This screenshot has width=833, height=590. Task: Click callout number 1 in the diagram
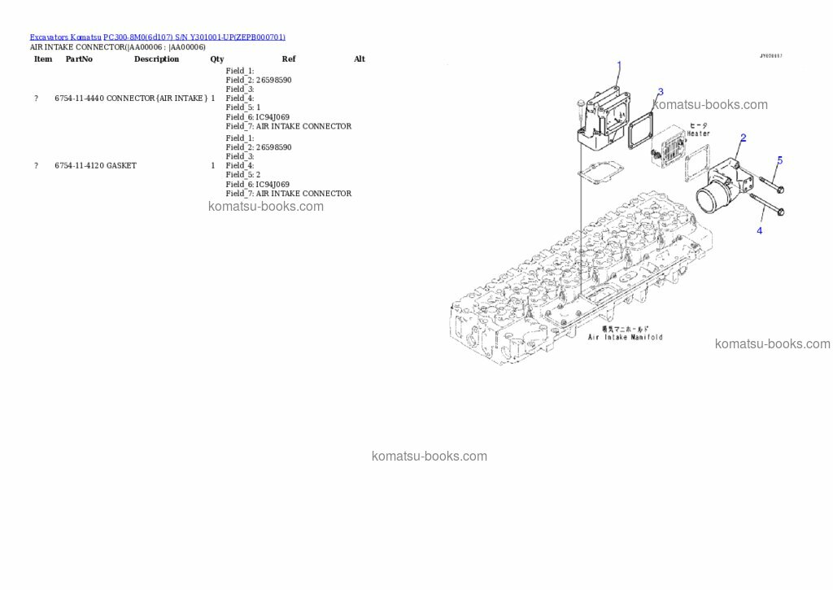tap(619, 65)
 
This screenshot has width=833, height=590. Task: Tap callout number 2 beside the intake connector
tap(743, 138)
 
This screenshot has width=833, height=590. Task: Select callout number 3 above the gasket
tap(660, 92)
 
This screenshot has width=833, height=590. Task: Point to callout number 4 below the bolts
tap(760, 230)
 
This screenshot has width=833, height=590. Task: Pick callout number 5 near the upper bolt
tap(779, 160)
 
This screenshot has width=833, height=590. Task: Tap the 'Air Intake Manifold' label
tap(626, 337)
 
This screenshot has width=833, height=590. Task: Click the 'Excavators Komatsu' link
tap(65, 37)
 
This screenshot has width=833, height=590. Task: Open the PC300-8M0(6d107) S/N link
tap(194, 37)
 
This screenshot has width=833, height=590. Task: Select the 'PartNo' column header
tap(79, 59)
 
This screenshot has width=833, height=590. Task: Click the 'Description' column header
tap(156, 59)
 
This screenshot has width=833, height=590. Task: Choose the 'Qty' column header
tap(216, 59)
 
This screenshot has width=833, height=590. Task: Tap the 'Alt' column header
tap(360, 59)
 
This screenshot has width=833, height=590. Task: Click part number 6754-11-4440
tap(80, 98)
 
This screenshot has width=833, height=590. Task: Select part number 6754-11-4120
tap(80, 166)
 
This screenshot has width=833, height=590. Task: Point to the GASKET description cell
tap(121, 166)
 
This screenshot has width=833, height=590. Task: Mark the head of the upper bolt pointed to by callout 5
tap(779, 190)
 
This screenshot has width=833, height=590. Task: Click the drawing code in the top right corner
tap(770, 56)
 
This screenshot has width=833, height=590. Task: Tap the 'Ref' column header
tap(289, 59)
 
